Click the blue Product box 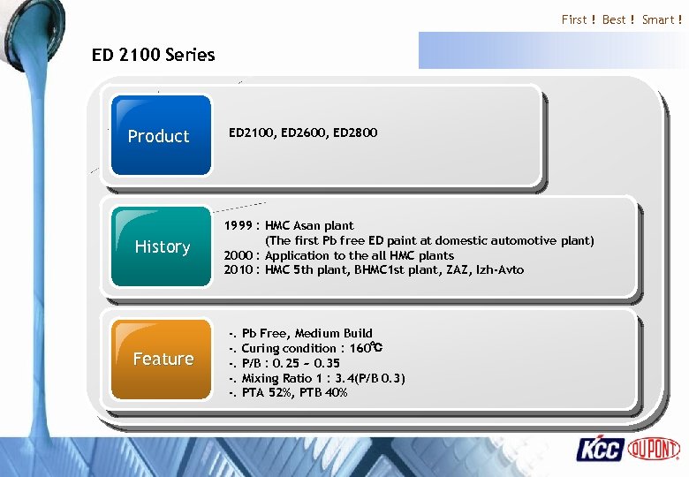[x=159, y=135]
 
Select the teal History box [x=162, y=246]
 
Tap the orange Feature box [x=163, y=358]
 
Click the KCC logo [x=601, y=449]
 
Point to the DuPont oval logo [x=654, y=449]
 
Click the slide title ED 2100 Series [x=153, y=55]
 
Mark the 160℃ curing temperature [x=365, y=348]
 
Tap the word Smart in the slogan [x=658, y=19]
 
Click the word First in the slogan [x=574, y=19]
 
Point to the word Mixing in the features [x=261, y=378]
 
